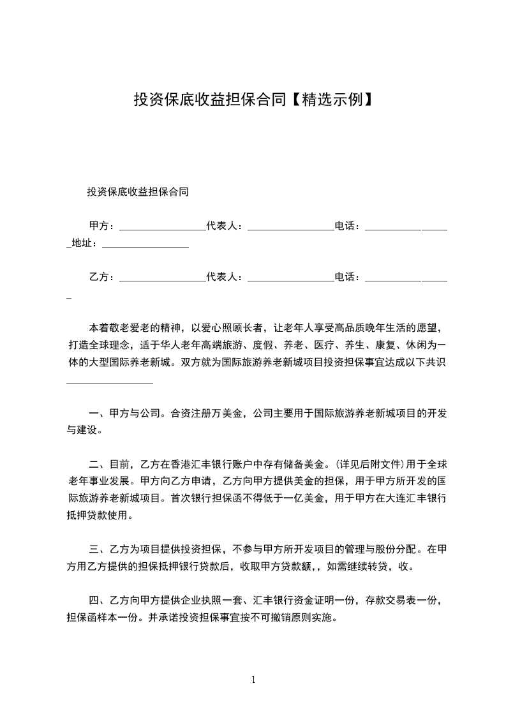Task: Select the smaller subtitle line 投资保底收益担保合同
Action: pos(137,191)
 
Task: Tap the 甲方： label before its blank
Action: pos(102,225)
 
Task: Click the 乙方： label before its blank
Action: pos(102,277)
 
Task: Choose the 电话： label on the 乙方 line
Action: pos(348,277)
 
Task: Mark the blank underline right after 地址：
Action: pos(145,245)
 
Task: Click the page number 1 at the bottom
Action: pos(253,680)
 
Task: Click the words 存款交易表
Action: pos(390,600)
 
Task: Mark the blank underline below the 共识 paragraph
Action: pos(110,382)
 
